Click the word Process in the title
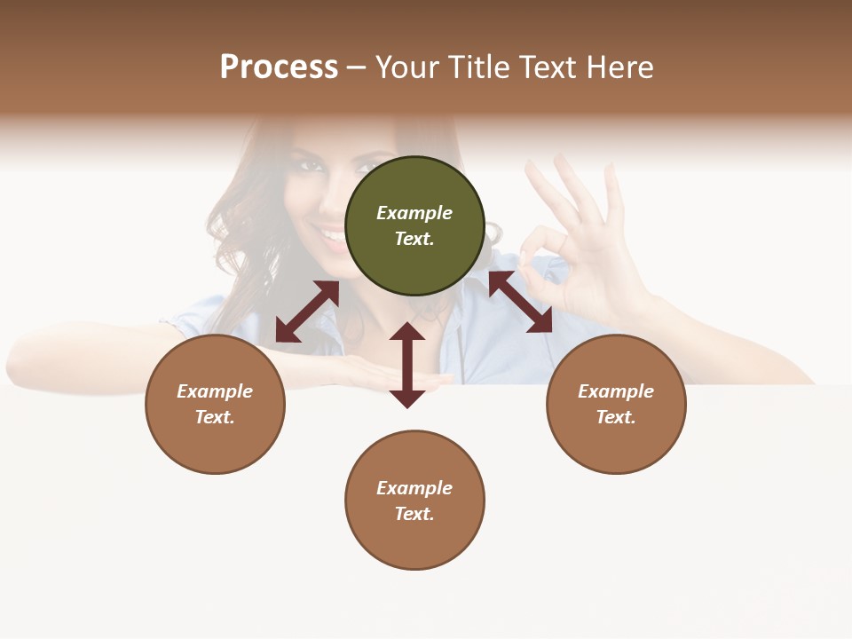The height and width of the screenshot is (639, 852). tap(279, 67)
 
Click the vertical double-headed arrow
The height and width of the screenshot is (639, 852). tap(407, 365)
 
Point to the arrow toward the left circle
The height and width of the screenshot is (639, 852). tap(307, 312)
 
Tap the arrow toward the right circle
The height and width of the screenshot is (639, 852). tap(520, 302)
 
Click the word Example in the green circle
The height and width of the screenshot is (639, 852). tap(414, 213)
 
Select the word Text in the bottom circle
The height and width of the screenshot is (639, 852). tap(414, 514)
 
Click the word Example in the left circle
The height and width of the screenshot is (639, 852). tap(215, 391)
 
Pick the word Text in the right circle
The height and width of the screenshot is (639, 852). tap(616, 417)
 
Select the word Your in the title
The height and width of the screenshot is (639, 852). tap(407, 67)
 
